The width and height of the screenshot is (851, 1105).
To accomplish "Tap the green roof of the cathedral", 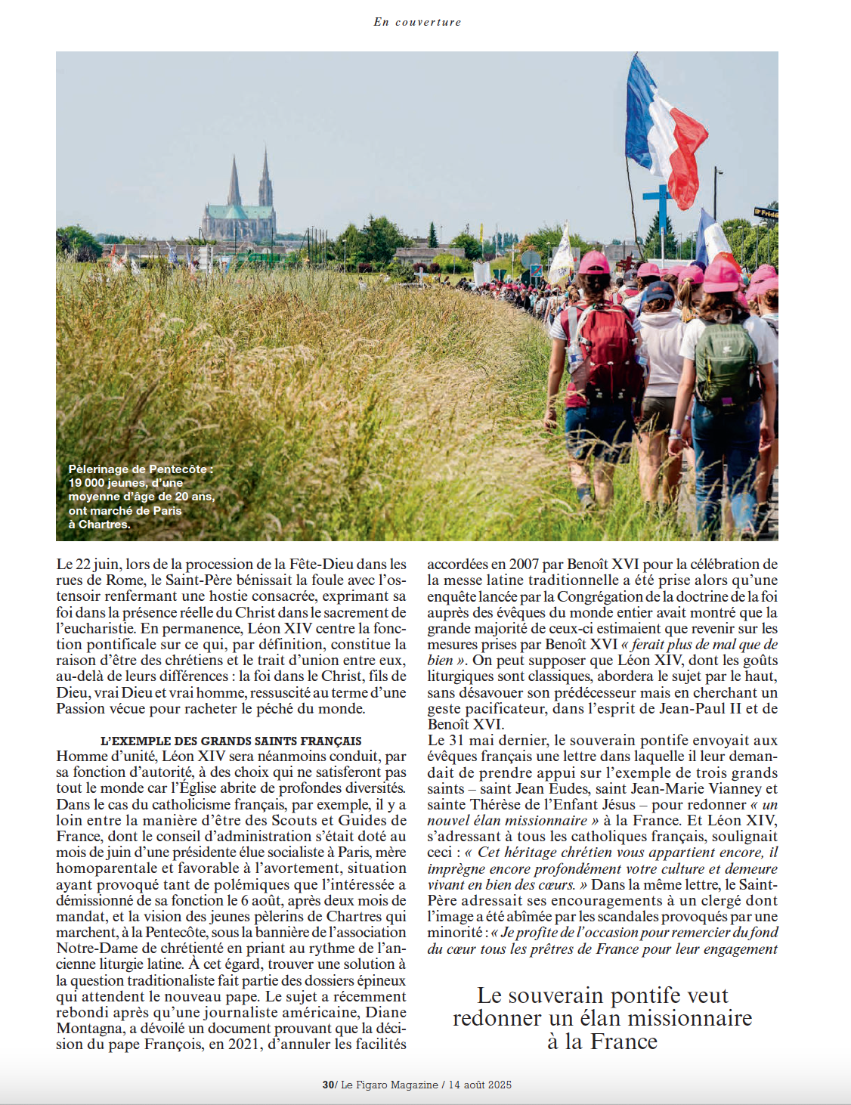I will [239, 212].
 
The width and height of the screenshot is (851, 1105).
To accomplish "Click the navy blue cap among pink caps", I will [658, 291].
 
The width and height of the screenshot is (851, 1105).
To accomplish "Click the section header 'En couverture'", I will [417, 22].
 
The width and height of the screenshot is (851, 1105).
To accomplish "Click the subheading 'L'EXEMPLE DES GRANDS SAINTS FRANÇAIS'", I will [231, 741].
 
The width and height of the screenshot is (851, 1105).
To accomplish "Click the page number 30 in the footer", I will [328, 1085].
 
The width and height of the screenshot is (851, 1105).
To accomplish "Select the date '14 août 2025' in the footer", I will [480, 1085].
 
